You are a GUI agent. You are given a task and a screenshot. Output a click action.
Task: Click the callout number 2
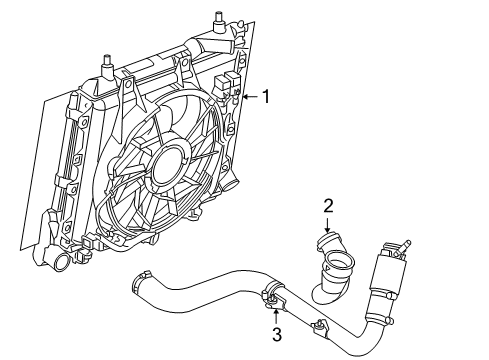click(x=327, y=206)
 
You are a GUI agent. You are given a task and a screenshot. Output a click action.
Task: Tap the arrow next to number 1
click(x=250, y=96)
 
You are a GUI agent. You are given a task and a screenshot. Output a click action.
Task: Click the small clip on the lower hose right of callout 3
click(x=322, y=325)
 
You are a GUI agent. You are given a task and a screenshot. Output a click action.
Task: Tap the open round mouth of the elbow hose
click(x=339, y=267)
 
